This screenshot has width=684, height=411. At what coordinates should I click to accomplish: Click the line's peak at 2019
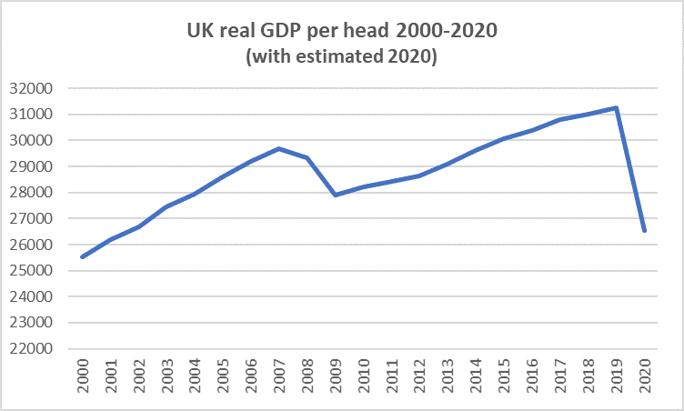tap(618, 107)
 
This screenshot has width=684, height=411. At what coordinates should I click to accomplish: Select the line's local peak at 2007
tap(280, 148)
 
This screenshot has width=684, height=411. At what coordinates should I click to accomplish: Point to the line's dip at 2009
tap(337, 195)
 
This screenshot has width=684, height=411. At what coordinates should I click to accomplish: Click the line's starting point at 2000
tap(83, 256)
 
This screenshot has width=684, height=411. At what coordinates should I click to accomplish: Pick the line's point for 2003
tap(167, 206)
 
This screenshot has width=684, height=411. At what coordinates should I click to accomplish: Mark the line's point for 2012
tap(420, 175)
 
